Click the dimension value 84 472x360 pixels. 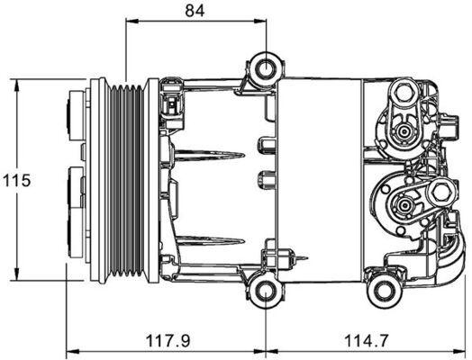[194, 11]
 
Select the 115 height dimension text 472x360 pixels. [16, 180]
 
